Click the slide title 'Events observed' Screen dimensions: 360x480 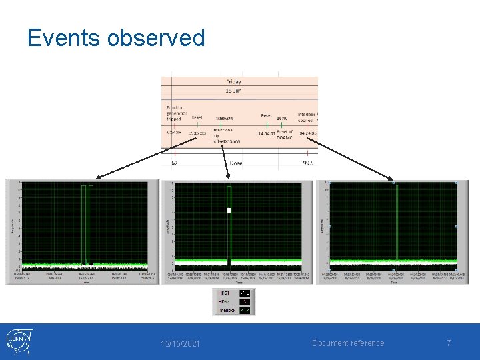tap(116, 38)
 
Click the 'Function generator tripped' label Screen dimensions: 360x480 tap(177, 113)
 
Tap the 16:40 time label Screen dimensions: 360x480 tap(283, 118)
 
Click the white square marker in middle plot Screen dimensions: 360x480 tap(229, 211)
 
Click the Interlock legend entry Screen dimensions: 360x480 tap(227, 310)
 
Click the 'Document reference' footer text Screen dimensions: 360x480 tap(349, 343)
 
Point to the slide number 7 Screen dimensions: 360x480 tap(449, 343)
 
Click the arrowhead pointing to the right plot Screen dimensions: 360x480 tap(391, 178)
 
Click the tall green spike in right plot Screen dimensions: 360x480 tap(397, 220)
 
